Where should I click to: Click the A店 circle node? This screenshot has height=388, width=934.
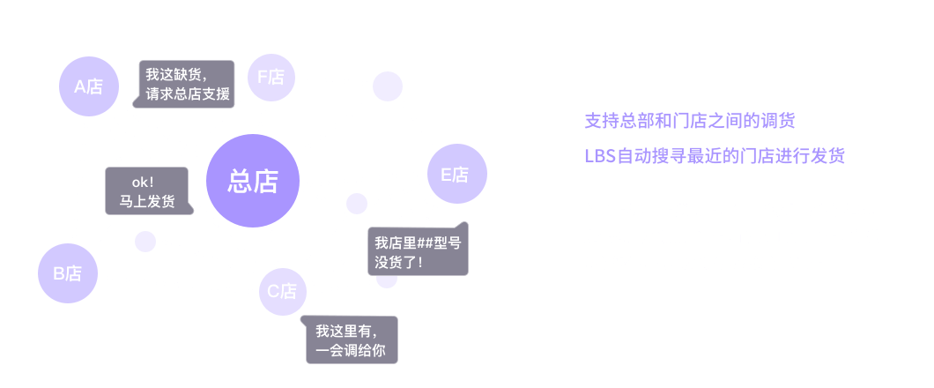88,86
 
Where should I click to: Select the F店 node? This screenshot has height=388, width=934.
271,78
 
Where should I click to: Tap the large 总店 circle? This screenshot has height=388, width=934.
253,181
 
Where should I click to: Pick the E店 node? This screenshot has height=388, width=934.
456,175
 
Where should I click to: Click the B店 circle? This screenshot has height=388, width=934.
67,273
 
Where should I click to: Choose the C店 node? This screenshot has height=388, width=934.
282,291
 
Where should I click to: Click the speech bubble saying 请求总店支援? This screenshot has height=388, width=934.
187,84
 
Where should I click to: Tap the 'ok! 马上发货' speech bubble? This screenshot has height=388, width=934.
146,191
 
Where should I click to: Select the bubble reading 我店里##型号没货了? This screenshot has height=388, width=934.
417,251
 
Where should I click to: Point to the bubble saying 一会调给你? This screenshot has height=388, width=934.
349,340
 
